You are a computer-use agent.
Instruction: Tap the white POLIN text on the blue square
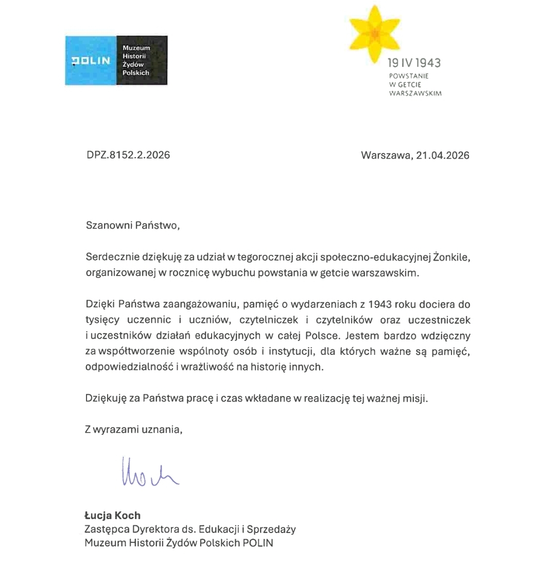click(91, 61)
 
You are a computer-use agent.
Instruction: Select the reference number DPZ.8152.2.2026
click(128, 155)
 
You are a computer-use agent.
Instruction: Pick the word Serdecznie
click(111, 257)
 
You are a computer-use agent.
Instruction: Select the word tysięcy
click(101, 320)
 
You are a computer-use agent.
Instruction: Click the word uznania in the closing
click(164, 430)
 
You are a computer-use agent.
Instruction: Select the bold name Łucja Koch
click(112, 516)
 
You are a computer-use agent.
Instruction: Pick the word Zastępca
click(105, 529)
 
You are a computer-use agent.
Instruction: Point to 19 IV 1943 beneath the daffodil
click(414, 63)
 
